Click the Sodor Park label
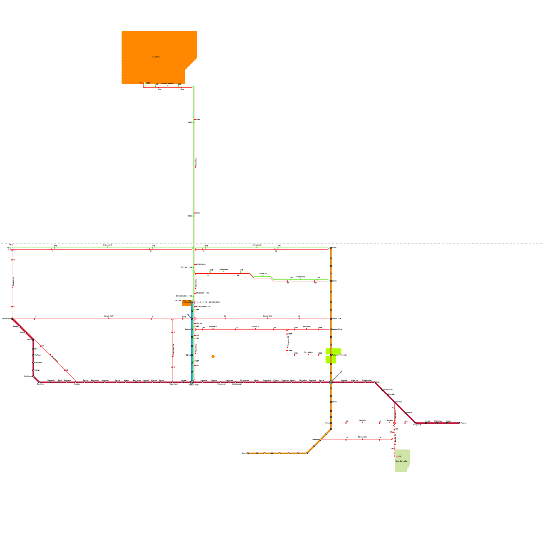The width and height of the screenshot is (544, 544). tap(155, 57)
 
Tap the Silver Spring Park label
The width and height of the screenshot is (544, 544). tap(402, 461)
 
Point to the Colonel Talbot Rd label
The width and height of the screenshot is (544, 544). tap(168, 83)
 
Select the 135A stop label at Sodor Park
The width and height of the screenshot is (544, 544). tap(140, 83)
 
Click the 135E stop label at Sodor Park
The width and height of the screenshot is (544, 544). tap(148, 83)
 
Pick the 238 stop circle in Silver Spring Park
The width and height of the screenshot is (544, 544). tap(397, 456)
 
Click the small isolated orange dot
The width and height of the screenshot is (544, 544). tap(213, 357)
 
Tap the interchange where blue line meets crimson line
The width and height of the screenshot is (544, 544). tap(192, 382)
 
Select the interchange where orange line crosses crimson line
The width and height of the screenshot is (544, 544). tap(331, 382)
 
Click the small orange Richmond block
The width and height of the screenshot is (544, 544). tap(186, 303)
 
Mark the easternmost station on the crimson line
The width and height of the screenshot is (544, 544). tap(459, 423)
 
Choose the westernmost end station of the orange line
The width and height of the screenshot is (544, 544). tap(248, 453)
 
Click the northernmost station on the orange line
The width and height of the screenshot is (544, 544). tap(331, 248)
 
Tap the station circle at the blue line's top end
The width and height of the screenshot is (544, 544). tap(192, 302)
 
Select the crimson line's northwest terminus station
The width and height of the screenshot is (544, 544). tap(12, 319)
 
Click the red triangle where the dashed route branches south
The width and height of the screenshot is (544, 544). tap(287, 330)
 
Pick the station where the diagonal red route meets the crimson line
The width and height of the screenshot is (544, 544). tap(75, 382)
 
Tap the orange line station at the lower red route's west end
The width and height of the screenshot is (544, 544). tap(320, 440)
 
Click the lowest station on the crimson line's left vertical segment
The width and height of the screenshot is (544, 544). tap(33, 376)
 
